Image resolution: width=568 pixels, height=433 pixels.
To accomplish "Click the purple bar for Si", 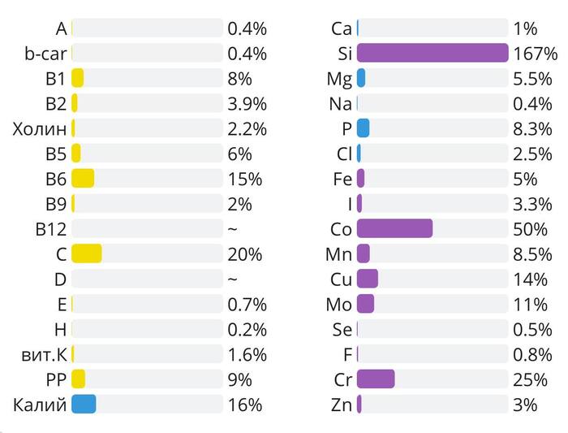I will pyautogui.click(x=432, y=54).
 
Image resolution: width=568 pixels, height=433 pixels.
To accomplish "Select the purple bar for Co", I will pyautogui.click(x=394, y=228).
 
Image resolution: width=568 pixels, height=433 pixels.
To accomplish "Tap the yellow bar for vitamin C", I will pyautogui.click(x=86, y=253).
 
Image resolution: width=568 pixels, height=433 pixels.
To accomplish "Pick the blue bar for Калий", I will pyautogui.click(x=84, y=404).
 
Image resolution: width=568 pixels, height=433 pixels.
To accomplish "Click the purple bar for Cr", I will pyautogui.click(x=376, y=379).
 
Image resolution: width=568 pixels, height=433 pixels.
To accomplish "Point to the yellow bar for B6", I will pyautogui.click(x=83, y=178).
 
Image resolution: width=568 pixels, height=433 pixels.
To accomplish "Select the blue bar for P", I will pyautogui.click(x=363, y=128).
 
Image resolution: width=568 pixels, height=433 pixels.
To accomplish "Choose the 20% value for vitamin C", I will pyautogui.click(x=245, y=253).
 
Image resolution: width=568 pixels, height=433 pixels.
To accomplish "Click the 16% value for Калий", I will pyautogui.click(x=245, y=404).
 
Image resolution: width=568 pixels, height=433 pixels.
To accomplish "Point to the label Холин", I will pyautogui.click(x=39, y=128).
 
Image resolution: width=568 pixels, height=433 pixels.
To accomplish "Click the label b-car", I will pyautogui.click(x=45, y=54).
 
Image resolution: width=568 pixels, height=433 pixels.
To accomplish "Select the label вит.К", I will pyautogui.click(x=45, y=354).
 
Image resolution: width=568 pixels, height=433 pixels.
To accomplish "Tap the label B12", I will pyautogui.click(x=50, y=228).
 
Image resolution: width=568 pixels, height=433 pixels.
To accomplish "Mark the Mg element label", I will pyautogui.click(x=339, y=79).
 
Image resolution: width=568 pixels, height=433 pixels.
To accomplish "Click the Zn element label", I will pyautogui.click(x=342, y=404).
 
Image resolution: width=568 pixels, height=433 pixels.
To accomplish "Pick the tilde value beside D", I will pyautogui.click(x=233, y=279).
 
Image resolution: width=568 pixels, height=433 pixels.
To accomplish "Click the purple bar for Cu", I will pyautogui.click(x=368, y=279).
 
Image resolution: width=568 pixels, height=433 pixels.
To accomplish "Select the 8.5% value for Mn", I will pyautogui.click(x=532, y=253).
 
